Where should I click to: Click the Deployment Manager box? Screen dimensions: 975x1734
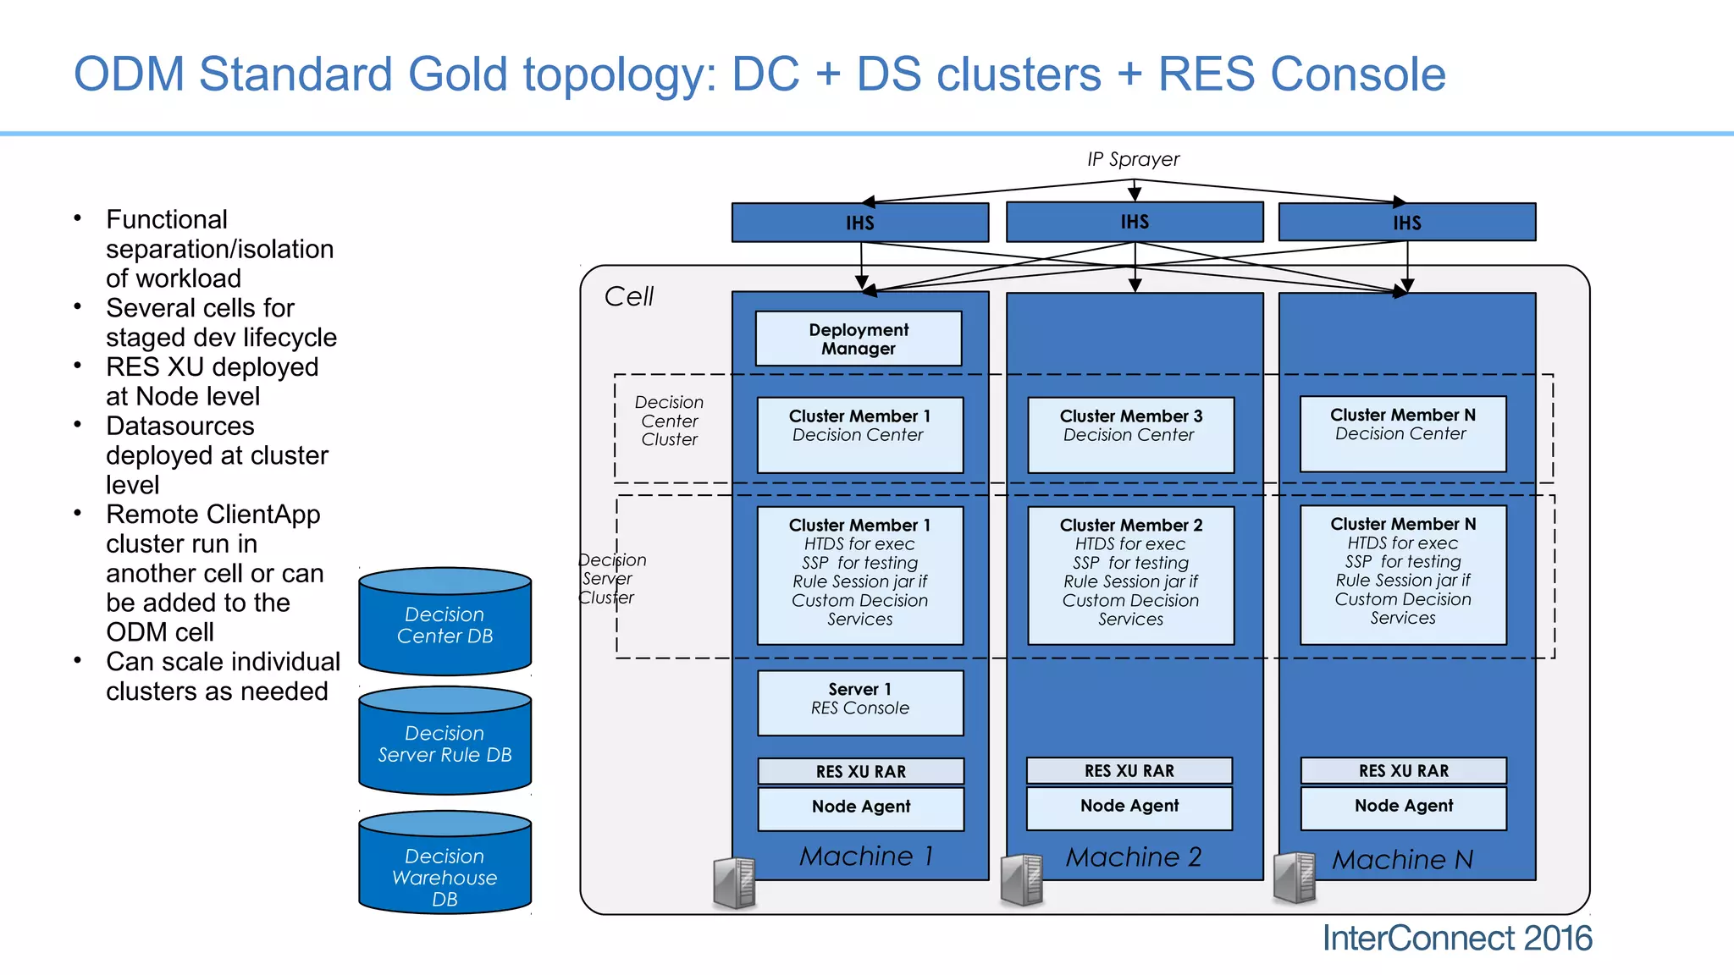click(x=858, y=339)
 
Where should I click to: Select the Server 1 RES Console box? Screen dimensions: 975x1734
click(x=860, y=702)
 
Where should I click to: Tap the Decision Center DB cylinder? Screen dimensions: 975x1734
click(x=445, y=625)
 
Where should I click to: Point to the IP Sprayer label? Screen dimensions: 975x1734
click(x=1133, y=159)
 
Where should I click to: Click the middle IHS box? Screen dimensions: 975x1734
click(x=1135, y=222)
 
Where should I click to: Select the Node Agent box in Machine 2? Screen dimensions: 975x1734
click(x=1129, y=807)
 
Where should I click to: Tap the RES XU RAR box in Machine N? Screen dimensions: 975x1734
click(x=1403, y=771)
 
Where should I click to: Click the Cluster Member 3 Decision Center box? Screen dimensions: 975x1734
click(x=1130, y=434)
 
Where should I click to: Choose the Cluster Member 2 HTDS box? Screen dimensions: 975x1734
click(x=1130, y=575)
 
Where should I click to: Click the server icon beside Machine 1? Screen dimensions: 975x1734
click(x=734, y=883)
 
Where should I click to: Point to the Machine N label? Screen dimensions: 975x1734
click(x=1402, y=860)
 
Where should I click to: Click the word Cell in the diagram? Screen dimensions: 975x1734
click(x=628, y=297)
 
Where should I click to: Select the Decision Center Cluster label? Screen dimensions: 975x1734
click(x=669, y=421)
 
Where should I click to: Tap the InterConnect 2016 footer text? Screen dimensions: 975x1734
click(x=1456, y=939)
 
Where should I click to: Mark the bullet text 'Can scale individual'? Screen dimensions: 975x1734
click(x=223, y=662)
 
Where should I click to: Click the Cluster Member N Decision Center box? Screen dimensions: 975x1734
click(x=1402, y=433)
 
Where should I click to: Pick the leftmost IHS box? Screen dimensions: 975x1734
click(x=859, y=223)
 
